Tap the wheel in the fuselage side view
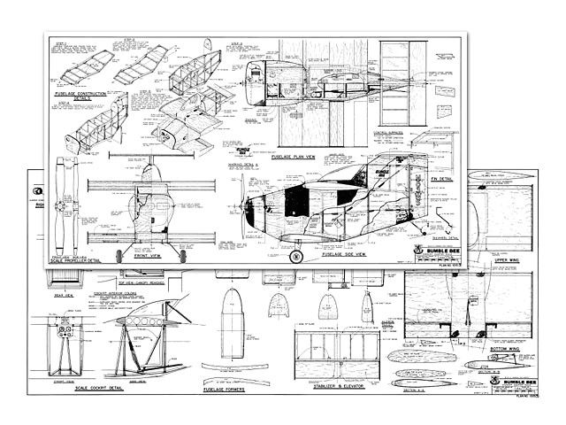pyautogui.click(x=298, y=257)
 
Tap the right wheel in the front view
pyautogui.click(x=182, y=255)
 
